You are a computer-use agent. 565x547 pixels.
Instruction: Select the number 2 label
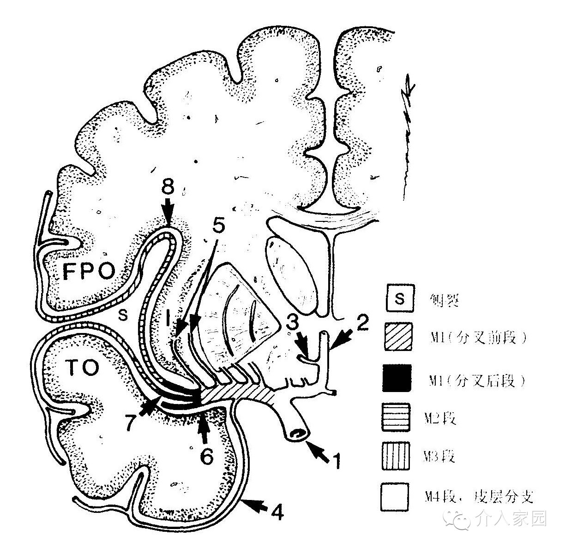[x=362, y=323]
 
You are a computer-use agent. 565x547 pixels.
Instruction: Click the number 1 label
[x=337, y=461]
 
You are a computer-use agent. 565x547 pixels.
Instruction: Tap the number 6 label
[x=206, y=456]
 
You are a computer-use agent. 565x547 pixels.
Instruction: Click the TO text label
[x=82, y=367]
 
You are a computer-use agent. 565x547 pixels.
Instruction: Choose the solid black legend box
[x=396, y=378]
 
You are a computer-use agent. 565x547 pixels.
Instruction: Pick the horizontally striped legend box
[x=396, y=417]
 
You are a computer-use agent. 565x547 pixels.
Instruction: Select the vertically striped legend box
[x=396, y=456]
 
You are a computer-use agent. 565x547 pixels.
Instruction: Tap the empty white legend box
[x=396, y=496]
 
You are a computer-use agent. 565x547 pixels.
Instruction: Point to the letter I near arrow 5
[x=169, y=317]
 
